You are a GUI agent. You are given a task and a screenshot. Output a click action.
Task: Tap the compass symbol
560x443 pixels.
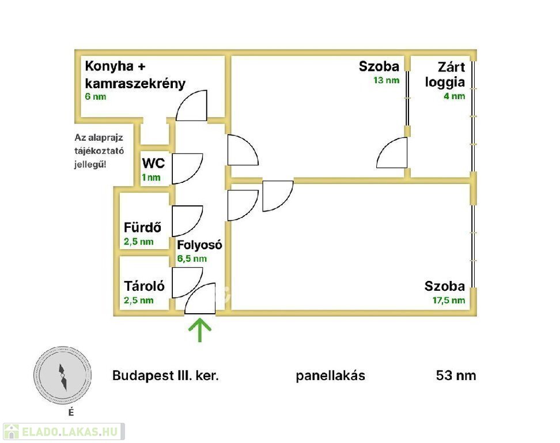pyautogui.click(x=63, y=375)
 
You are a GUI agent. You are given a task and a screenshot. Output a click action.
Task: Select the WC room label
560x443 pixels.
pyautogui.click(x=153, y=163)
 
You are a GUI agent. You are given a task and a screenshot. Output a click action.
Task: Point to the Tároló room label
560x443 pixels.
pyautogui.click(x=145, y=286)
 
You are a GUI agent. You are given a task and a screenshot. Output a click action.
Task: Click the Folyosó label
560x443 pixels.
pyautogui.click(x=199, y=245)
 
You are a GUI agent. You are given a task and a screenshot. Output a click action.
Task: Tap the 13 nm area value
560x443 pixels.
pyautogui.click(x=386, y=80)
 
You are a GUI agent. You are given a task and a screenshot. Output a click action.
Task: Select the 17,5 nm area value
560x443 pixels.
pyautogui.click(x=449, y=300)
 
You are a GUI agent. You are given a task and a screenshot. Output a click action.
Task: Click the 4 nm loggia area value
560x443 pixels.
pyautogui.click(x=453, y=96)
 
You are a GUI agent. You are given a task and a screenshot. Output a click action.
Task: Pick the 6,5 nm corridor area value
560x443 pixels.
pyautogui.click(x=192, y=258)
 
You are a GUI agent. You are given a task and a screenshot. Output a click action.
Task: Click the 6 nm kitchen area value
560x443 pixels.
pyautogui.click(x=95, y=96)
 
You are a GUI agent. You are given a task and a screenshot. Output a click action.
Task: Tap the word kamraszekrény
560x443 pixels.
pyautogui.click(x=135, y=83)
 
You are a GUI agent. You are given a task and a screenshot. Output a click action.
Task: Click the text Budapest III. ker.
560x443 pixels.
pyautogui.click(x=166, y=376)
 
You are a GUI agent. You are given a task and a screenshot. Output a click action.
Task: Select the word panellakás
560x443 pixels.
pyautogui.click(x=331, y=376)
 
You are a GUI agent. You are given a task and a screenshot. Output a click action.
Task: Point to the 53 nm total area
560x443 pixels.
pyautogui.click(x=456, y=376)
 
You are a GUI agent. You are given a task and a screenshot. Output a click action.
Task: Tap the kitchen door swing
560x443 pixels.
pyautogui.click(x=192, y=107)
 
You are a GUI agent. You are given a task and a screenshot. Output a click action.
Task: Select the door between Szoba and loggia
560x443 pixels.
pyautogui.click(x=393, y=153)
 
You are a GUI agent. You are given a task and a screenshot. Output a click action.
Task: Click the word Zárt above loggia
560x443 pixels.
pyautogui.click(x=451, y=66)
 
